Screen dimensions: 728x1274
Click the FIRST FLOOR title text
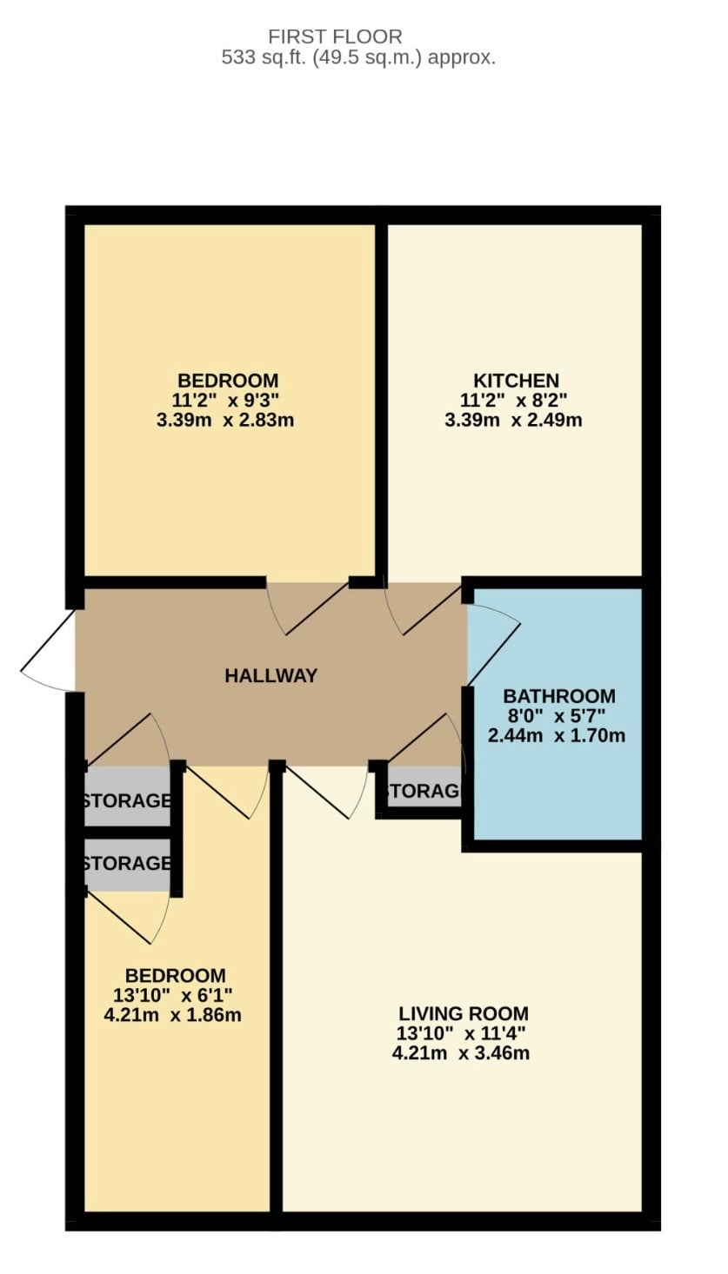pyautogui.click(x=335, y=37)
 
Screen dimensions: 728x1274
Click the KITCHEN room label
pyautogui.click(x=517, y=380)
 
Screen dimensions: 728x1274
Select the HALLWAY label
pyautogui.click(x=271, y=675)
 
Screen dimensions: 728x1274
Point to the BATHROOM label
pyautogui.click(x=559, y=695)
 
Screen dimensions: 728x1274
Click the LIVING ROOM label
pyautogui.click(x=464, y=1013)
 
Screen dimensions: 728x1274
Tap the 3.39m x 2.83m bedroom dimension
pyautogui.click(x=224, y=421)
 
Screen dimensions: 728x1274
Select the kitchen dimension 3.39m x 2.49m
pyautogui.click(x=513, y=421)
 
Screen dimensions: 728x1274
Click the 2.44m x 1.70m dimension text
pyautogui.click(x=556, y=735)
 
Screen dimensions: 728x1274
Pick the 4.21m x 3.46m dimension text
pyautogui.click(x=460, y=1052)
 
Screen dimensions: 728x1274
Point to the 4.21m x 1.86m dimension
pyautogui.click(x=172, y=1015)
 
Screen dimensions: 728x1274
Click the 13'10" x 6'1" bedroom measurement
pyautogui.click(x=172, y=995)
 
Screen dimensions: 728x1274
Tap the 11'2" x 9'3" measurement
pyautogui.click(x=225, y=401)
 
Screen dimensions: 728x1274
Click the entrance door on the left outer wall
pyautogui.click(x=48, y=651)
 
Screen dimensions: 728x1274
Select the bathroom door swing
pyautogui.click(x=493, y=646)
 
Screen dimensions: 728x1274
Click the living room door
pyautogui.click(x=325, y=792)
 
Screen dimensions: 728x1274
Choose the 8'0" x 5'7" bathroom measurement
pyautogui.click(x=556, y=715)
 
